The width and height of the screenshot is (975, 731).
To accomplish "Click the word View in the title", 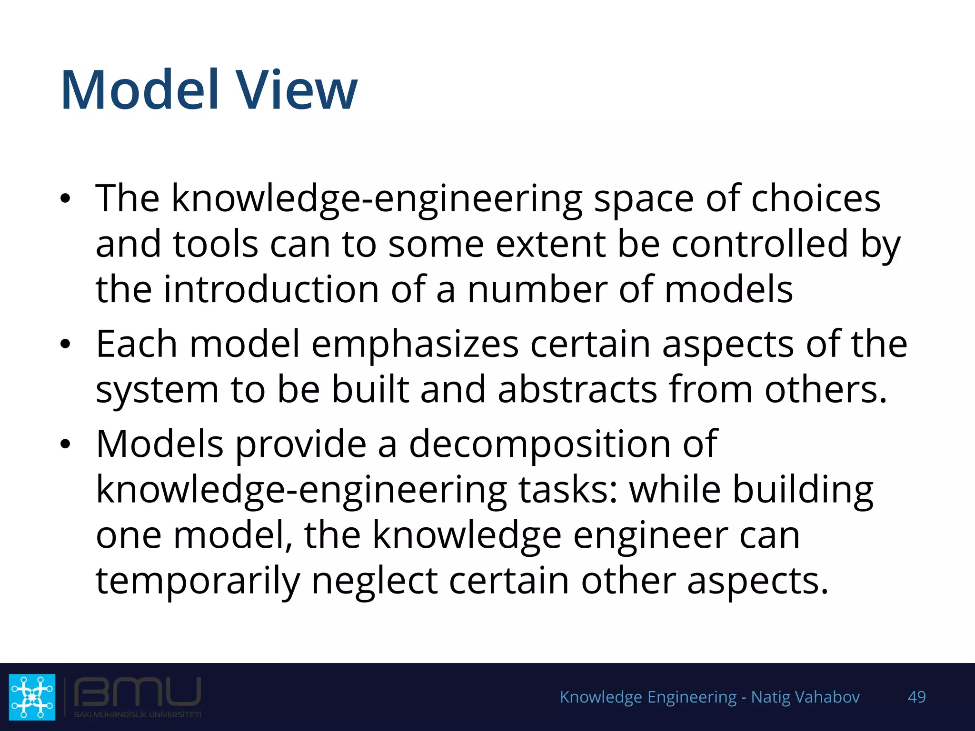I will [x=297, y=90].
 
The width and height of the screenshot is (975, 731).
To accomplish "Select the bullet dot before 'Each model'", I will [x=65, y=344].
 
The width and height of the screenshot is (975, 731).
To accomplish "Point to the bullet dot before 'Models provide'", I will [x=65, y=444].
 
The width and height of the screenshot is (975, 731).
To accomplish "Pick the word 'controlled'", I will [x=760, y=244].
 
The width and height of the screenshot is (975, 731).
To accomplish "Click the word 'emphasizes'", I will [x=415, y=344].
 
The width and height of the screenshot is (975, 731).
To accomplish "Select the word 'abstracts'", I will [x=577, y=390].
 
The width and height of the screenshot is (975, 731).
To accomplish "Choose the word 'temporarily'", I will [x=198, y=581].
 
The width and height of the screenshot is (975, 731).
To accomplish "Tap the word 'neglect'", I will [x=374, y=581].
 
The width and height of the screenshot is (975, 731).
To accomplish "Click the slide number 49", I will [x=916, y=697].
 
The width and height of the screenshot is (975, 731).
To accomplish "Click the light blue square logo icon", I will [x=32, y=697].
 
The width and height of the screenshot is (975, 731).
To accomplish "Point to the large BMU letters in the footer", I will [x=137, y=692].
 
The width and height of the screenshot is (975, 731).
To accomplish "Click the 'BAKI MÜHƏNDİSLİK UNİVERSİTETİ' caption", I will [x=137, y=714].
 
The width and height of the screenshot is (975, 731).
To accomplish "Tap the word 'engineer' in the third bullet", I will [x=650, y=535].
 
